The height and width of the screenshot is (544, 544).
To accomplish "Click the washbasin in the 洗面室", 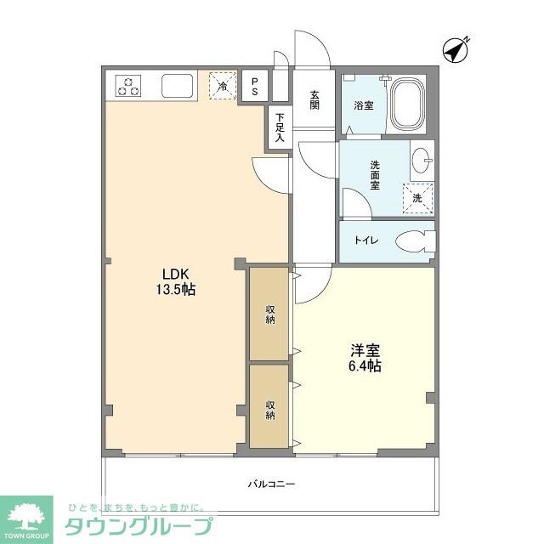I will pyautogui.click(x=422, y=159).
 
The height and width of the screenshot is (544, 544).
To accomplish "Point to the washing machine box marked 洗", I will pyautogui.click(x=416, y=196).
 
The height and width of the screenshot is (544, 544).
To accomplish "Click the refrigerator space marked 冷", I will pyautogui.click(x=223, y=86).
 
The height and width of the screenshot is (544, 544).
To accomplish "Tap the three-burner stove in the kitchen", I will pyautogui.click(x=130, y=86).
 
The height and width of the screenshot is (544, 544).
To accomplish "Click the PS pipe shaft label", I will pyautogui.click(x=253, y=86).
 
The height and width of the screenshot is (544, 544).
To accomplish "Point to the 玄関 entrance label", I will pyautogui.click(x=314, y=99).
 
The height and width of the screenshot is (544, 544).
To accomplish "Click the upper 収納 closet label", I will pyautogui.click(x=269, y=314).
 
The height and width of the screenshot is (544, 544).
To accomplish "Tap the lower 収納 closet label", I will pyautogui.click(x=269, y=409).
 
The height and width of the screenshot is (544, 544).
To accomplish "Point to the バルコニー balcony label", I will pyautogui.click(x=271, y=484).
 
